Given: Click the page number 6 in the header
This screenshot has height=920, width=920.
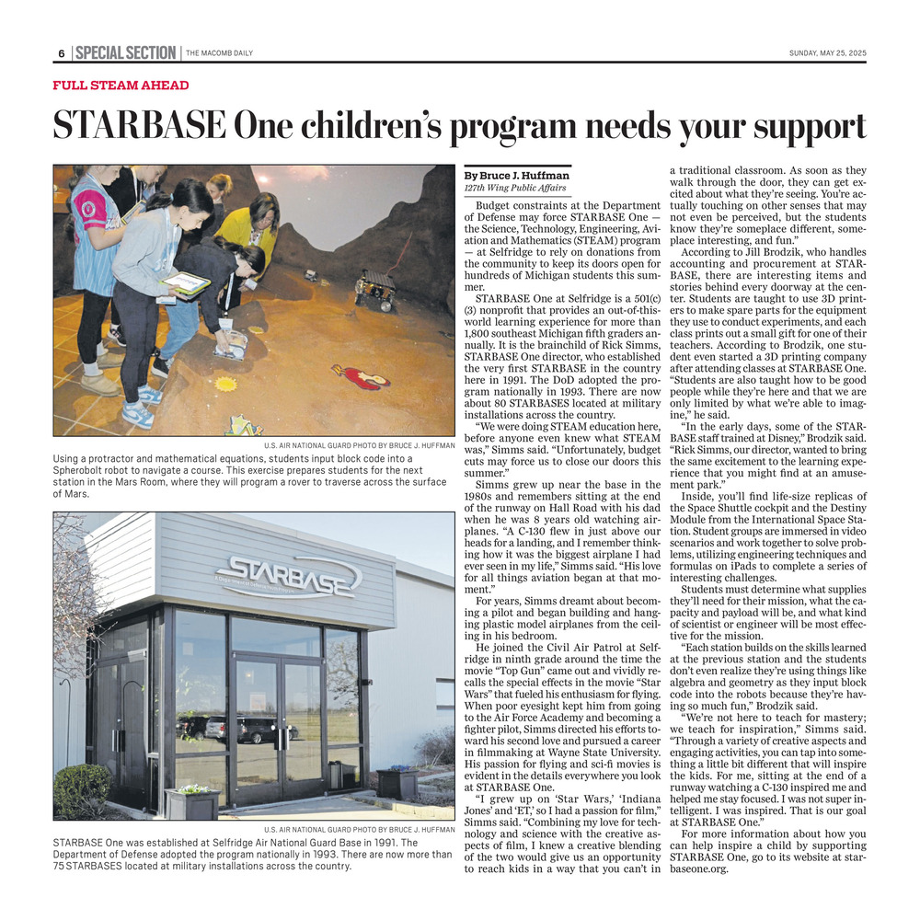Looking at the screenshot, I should coord(61,53).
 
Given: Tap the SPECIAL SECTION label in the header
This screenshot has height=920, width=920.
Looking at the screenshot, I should coord(125,52).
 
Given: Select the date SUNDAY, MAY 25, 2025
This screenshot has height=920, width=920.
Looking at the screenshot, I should coord(827,53).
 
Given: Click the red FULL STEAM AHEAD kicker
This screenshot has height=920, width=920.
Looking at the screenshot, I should coord(121,86).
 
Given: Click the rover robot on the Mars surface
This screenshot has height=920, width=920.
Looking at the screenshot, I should coord(376,288).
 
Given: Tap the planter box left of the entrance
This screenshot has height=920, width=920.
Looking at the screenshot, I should coord(191,802).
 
